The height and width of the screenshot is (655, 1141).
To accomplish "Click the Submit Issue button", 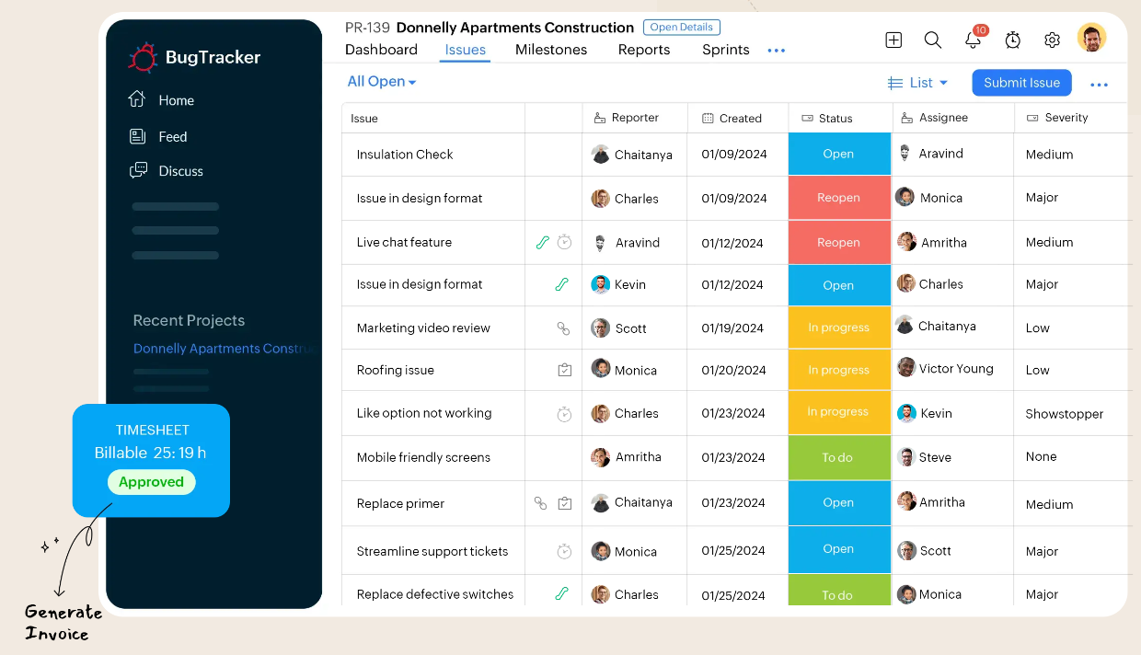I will tap(1021, 83).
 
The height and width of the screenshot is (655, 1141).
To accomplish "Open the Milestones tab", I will tap(550, 50).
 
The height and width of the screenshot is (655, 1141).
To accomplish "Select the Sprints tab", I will tap(725, 50).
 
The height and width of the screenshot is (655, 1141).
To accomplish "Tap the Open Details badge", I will tap(682, 28).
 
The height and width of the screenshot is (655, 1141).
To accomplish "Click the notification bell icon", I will tap(973, 40).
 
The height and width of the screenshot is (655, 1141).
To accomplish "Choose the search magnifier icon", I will tap(932, 40).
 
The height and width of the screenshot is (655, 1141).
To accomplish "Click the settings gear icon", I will tap(1052, 40).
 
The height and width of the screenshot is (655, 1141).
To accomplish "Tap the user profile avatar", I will tap(1091, 38).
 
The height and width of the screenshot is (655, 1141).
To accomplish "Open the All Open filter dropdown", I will tap(382, 82).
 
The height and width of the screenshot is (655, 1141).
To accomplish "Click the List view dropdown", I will tap(917, 83).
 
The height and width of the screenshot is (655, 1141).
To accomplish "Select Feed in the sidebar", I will tap(172, 137).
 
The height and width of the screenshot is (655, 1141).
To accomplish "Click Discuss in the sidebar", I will tap(180, 171).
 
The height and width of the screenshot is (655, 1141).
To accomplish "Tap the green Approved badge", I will tap(151, 482).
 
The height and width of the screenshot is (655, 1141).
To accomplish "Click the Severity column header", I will tap(1066, 118).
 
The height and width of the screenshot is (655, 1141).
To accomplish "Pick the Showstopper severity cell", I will tap(1064, 414).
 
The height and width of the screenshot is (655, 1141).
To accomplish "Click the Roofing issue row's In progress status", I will tap(838, 370).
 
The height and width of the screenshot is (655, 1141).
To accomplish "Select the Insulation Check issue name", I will tap(405, 155).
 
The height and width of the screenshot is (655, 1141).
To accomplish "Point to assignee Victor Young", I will tap(955, 369).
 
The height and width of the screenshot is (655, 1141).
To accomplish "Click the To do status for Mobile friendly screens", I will tap(837, 457).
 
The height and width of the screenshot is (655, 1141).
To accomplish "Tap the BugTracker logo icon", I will tap(143, 57).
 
